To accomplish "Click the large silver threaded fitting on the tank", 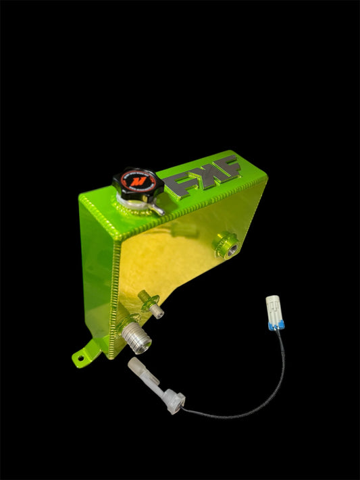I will click(138, 336).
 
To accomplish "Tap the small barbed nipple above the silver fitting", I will click(157, 311).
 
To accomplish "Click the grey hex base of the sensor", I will click(174, 400).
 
